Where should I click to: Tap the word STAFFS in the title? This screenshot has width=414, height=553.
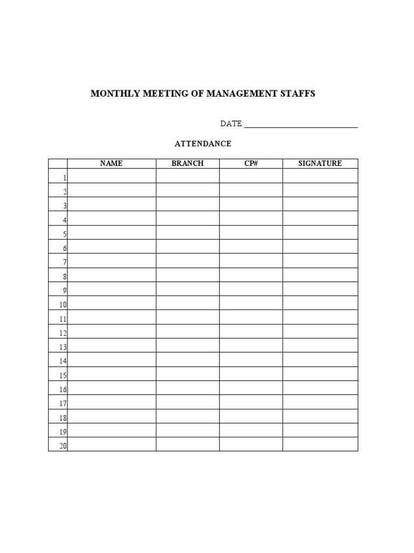(297, 93)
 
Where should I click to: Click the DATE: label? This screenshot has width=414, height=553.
(232, 124)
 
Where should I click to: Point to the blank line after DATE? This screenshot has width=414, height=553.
(301, 125)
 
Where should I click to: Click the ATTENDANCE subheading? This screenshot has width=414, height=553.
(203, 144)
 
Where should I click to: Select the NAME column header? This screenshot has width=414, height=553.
(112, 163)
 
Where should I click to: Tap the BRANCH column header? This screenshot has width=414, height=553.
(188, 163)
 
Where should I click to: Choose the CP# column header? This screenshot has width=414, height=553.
(251, 163)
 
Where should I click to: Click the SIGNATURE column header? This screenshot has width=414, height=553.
(320, 163)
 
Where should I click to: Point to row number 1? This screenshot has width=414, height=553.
(64, 178)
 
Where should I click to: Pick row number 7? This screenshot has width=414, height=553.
(64, 262)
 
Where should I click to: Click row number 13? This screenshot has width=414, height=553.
(63, 347)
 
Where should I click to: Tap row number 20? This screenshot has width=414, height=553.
(63, 446)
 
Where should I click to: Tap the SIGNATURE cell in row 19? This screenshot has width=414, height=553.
(320, 430)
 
